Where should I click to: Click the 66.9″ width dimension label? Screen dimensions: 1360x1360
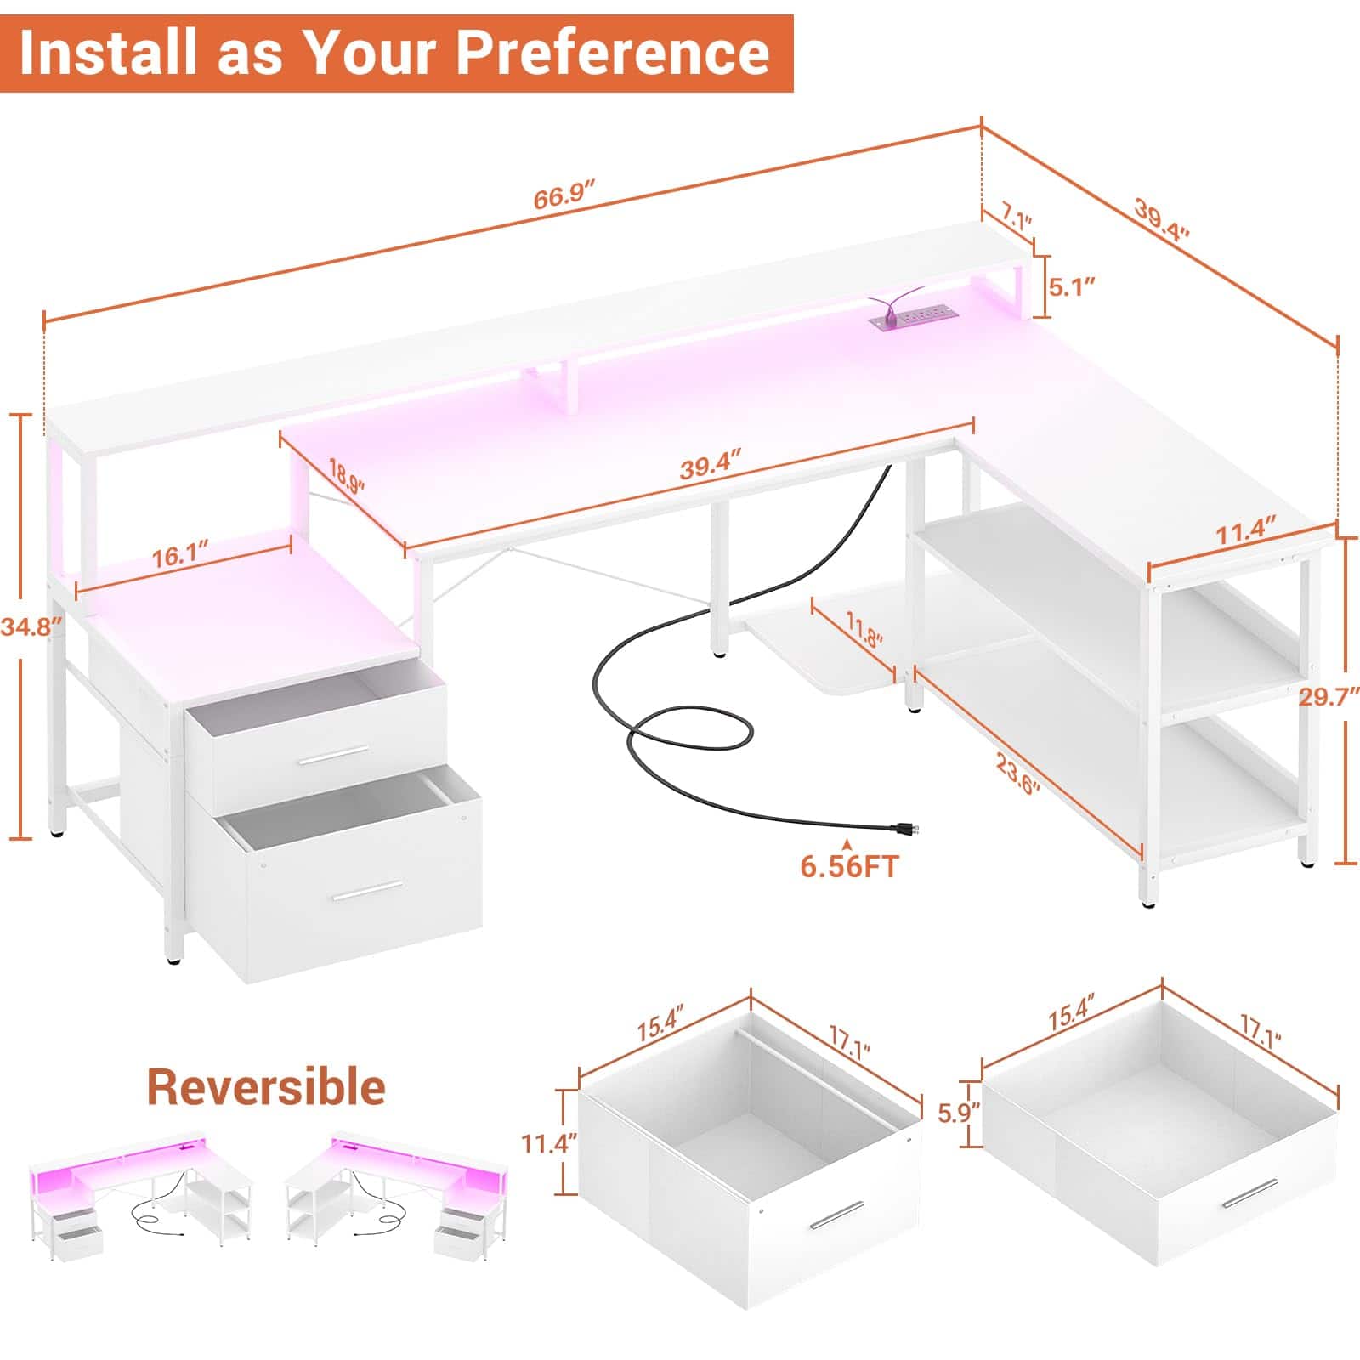tap(564, 198)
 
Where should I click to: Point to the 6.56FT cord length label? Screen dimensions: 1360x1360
tap(849, 866)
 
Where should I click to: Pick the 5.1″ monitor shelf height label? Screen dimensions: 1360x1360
tap(1071, 286)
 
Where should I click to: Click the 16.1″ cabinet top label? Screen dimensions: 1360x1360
tap(181, 557)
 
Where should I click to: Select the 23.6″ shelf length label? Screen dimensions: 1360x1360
tap(1018, 775)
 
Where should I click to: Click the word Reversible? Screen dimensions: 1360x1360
tap(266, 1087)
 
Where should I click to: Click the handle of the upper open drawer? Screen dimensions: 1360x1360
tap(337, 754)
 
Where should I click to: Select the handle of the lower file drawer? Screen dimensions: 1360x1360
tap(367, 892)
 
